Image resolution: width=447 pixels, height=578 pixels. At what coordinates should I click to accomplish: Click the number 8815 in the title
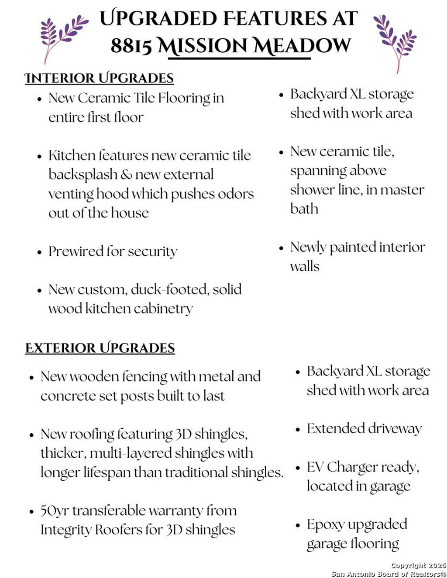point(131,45)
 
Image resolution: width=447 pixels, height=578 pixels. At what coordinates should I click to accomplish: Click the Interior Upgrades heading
point(99,78)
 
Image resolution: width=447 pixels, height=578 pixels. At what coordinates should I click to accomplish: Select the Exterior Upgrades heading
point(100,348)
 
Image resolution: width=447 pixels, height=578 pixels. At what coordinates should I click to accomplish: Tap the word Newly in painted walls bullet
point(308,247)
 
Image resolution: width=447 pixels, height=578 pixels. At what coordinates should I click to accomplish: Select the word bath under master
point(304,209)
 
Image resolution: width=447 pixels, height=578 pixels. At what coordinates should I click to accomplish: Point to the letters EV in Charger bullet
point(315,467)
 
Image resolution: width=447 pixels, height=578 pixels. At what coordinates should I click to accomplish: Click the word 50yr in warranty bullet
point(55,510)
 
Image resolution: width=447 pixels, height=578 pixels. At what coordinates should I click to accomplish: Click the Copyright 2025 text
point(418,565)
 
